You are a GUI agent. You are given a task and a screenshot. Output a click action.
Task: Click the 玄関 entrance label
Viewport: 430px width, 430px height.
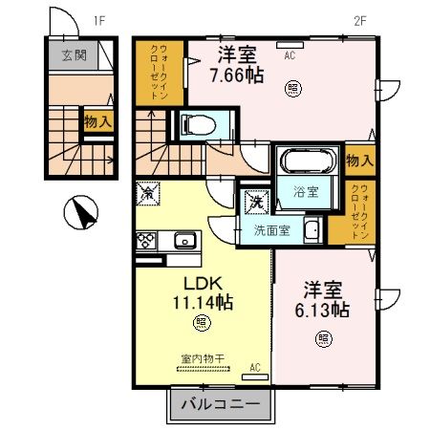click(74, 55)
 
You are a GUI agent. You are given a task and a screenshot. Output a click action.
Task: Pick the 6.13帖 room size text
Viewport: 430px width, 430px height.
click(326, 310)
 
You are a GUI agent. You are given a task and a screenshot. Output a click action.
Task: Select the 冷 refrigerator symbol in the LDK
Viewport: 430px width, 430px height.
click(148, 193)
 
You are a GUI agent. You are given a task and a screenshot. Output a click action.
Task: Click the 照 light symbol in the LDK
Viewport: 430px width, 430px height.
click(201, 322)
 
